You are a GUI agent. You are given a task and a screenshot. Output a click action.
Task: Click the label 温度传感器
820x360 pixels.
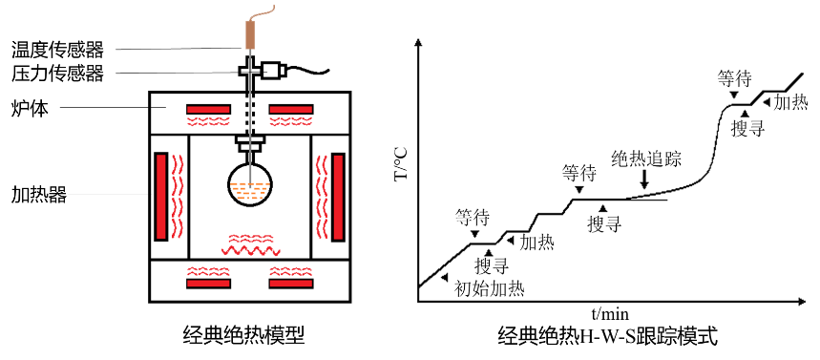57,51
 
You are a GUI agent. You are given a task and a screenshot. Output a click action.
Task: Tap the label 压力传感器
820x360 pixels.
57,74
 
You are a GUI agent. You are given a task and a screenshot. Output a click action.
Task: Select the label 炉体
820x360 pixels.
30,109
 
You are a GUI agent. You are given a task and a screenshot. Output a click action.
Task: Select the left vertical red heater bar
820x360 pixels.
161,196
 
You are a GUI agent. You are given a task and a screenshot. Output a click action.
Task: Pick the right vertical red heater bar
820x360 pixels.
339,196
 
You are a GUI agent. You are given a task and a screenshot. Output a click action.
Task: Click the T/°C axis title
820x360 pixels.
403,165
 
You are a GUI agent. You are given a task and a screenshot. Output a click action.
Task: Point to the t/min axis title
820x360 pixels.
610,314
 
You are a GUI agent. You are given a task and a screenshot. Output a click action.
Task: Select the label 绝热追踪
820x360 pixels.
646,159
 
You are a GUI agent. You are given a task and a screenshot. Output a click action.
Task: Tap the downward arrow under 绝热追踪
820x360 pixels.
643,180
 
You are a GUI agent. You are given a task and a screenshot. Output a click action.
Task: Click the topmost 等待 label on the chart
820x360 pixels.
734,79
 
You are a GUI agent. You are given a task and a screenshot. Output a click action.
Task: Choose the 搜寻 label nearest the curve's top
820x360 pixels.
748,129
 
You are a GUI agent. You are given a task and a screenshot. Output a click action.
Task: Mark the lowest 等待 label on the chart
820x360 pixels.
473,217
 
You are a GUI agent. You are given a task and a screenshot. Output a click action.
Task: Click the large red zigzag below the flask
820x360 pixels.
250,249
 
